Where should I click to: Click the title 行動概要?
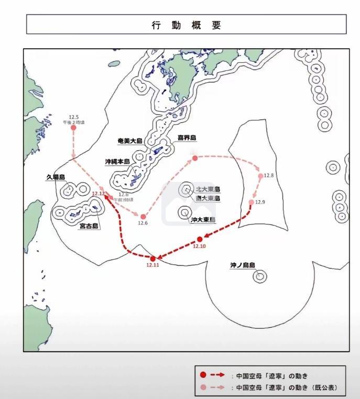tap(187, 25)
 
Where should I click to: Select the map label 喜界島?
tap(186, 138)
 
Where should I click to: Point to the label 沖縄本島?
tap(118, 162)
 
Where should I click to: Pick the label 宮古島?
tap(89, 226)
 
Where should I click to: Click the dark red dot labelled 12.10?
tap(200, 239)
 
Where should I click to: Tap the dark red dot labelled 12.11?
tap(153, 258)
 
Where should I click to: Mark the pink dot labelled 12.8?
tap(260, 177)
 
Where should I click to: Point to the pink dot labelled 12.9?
tap(252, 202)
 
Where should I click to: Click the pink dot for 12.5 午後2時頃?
tap(73, 127)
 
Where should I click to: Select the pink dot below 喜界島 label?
tap(194, 158)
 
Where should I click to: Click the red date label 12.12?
tap(98, 194)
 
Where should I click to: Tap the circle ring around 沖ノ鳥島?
tap(259, 276)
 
